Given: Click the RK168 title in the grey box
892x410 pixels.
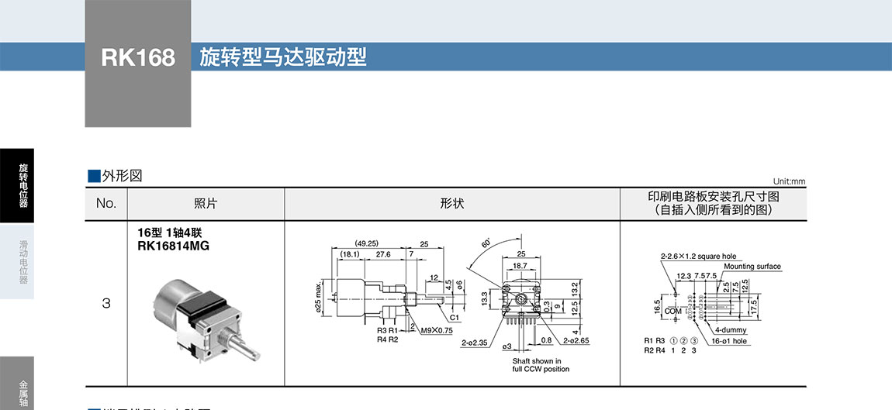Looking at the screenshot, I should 138,58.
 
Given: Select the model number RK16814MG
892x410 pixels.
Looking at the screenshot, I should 173,246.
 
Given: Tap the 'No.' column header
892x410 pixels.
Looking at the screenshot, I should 105,204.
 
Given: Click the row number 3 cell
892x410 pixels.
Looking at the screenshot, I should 106,304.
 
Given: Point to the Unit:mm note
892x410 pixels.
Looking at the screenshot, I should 789,181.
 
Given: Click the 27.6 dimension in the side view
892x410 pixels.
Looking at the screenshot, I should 383,254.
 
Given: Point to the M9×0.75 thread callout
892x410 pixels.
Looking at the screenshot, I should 436,331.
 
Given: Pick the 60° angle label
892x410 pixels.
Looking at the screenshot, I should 486,242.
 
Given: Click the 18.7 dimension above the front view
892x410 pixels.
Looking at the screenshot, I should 520,265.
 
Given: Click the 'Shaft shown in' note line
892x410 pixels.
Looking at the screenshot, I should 537,360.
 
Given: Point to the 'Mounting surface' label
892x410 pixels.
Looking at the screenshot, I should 752,267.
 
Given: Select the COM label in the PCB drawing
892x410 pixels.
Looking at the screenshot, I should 673,311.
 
